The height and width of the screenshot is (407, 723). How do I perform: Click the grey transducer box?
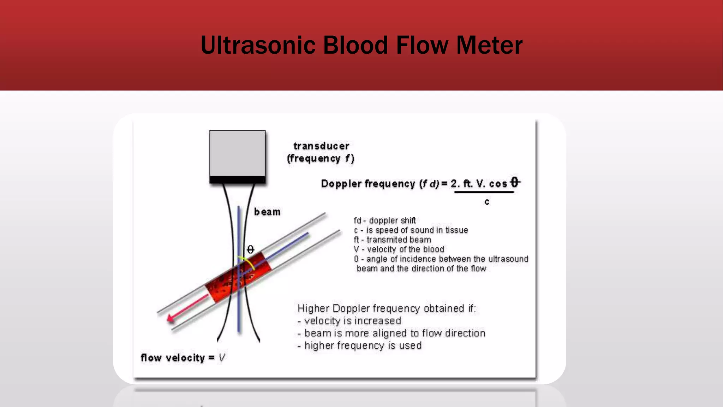[237, 153]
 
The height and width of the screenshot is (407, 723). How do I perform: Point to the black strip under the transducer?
[237, 180]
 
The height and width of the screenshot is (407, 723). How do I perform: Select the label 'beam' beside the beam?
[267, 212]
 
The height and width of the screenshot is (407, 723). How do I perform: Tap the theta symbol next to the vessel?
[250, 250]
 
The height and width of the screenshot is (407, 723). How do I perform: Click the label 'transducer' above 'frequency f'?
[321, 146]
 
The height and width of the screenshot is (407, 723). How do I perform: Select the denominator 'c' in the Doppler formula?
[487, 202]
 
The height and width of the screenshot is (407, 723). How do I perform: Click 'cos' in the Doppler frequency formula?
[498, 184]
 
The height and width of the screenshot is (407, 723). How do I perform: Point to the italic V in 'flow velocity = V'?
[222, 358]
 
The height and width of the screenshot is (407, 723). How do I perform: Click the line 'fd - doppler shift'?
[385, 220]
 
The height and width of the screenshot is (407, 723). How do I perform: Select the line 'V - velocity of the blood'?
[399, 249]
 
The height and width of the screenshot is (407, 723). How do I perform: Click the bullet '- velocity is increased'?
[349, 321]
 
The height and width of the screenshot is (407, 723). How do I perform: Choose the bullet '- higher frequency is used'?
[359, 346]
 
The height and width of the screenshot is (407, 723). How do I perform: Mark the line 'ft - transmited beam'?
[392, 240]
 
